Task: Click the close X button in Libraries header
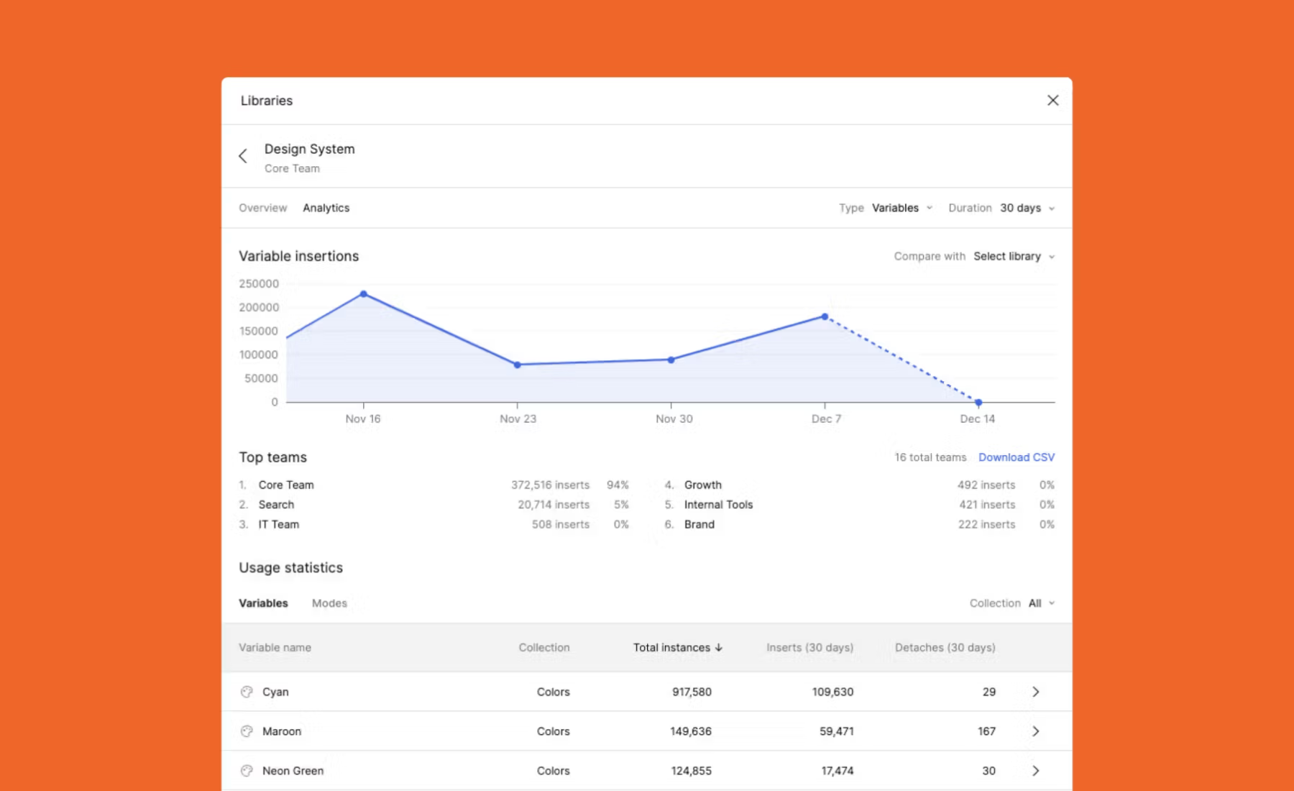pos(1052,101)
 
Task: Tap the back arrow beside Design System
pos(243,156)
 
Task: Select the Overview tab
pos(262,208)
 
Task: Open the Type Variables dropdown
pos(902,208)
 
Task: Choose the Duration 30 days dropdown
pos(1027,208)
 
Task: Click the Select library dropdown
pos(1014,256)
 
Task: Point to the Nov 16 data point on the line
pos(364,294)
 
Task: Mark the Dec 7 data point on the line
pos(825,316)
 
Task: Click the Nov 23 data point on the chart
pos(518,365)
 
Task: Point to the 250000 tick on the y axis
pos(259,284)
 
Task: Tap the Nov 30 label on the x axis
pos(674,419)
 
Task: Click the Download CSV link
pos(1017,457)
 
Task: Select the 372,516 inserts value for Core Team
pos(550,485)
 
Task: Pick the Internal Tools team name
pos(718,505)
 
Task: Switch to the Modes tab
pos(329,603)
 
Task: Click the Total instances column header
pos(678,647)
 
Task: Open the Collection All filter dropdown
pos(1041,603)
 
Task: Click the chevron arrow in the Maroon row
pos(1036,731)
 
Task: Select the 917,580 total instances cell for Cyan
pos(692,692)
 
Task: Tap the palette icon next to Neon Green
pos(247,771)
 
